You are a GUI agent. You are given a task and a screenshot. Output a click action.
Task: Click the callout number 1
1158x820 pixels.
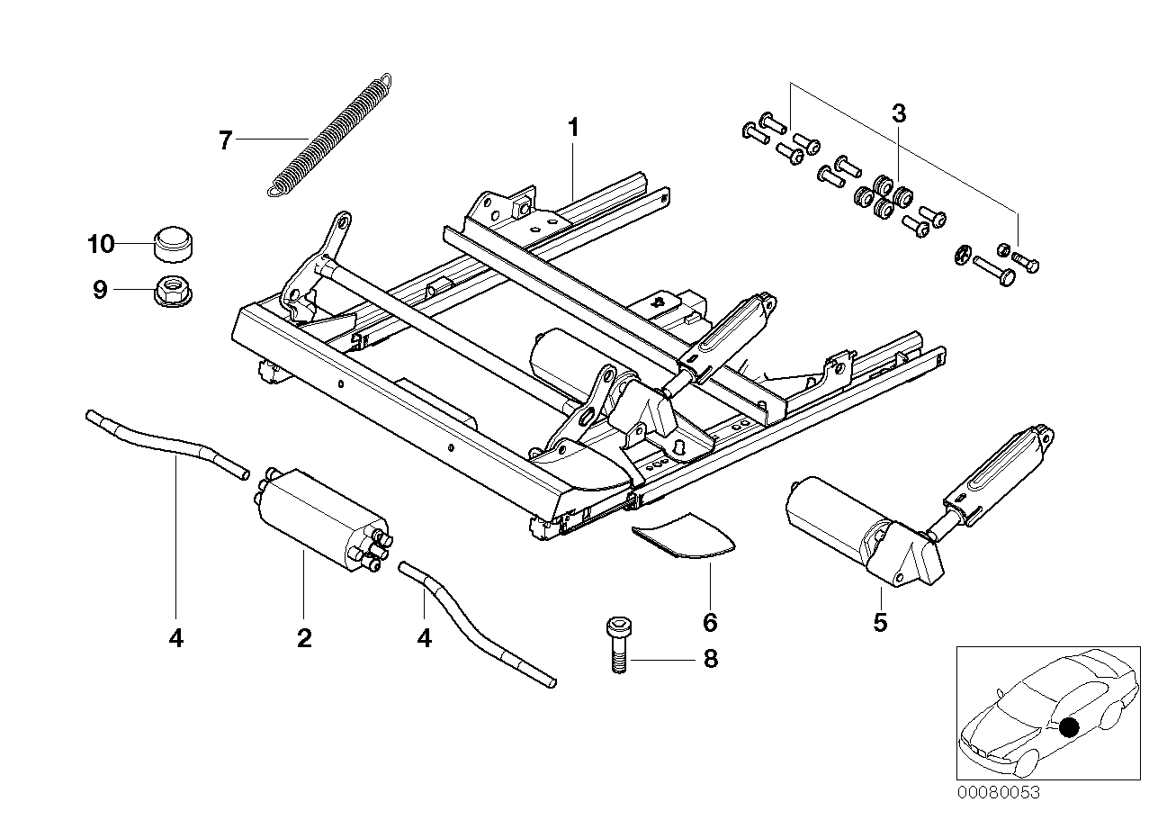pyautogui.click(x=573, y=127)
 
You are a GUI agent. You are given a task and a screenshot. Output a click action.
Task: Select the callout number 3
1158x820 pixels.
pyautogui.click(x=899, y=113)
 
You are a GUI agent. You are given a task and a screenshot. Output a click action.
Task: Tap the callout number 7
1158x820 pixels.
pyautogui.click(x=226, y=140)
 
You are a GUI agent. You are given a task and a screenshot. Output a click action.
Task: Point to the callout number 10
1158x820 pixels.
pyautogui.click(x=101, y=244)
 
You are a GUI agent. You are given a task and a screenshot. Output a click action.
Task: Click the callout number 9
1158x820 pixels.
pyautogui.click(x=100, y=290)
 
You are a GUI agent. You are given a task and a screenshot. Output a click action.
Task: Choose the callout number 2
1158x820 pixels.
pyautogui.click(x=304, y=638)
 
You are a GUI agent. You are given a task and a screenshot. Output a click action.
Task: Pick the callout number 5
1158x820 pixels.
pyautogui.click(x=880, y=623)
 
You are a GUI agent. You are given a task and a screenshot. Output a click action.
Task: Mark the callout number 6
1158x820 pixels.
pyautogui.click(x=710, y=623)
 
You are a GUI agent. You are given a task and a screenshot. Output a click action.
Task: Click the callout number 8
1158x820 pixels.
pyautogui.click(x=711, y=659)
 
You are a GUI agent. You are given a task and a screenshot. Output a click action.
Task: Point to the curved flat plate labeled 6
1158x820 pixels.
pyautogui.click(x=685, y=536)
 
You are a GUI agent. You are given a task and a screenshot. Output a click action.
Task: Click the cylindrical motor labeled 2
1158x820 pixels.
pyautogui.click(x=323, y=519)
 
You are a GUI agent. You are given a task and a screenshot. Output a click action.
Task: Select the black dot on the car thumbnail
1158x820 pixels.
pyautogui.click(x=1069, y=727)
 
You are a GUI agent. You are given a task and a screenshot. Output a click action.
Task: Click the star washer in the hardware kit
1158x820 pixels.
pyautogui.click(x=962, y=254)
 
